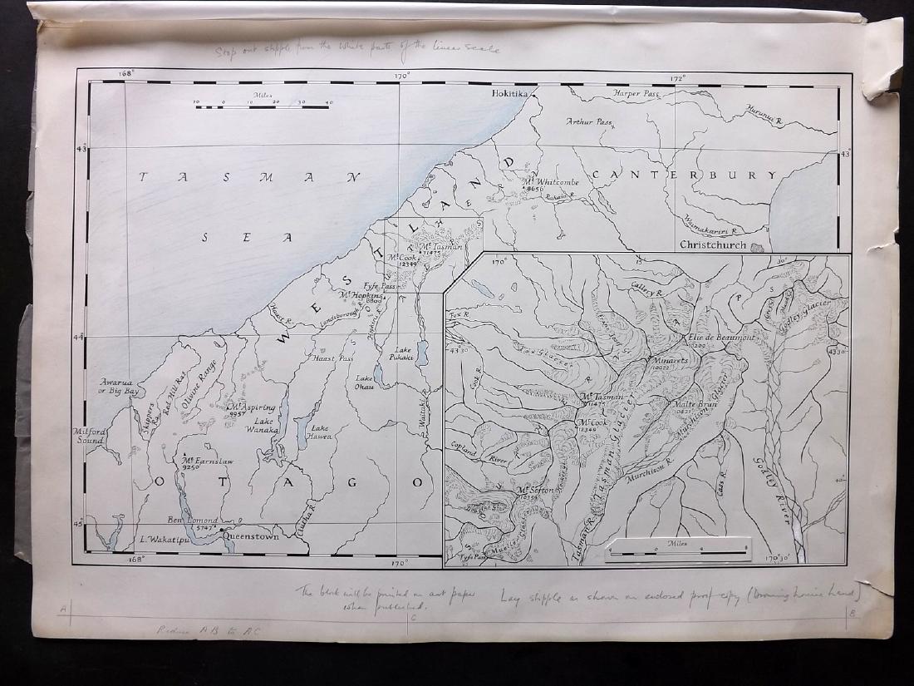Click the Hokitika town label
[x=510, y=95]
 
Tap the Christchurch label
[x=714, y=245]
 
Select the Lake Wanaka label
[x=261, y=425]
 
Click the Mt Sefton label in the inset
[x=534, y=491]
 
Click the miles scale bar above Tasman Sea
[x=264, y=109]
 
